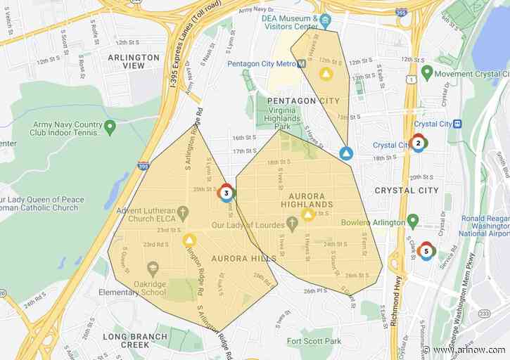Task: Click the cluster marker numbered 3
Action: pos(226,192)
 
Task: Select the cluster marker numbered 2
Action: pos(418,143)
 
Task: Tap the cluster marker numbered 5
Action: pos(426,250)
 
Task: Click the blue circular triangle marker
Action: pos(346,153)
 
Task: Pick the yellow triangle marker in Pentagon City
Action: pos(325,73)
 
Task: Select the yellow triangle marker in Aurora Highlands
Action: pos(307,214)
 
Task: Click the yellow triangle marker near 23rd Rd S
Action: pos(189,240)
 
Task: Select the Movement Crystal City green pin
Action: pos(426,72)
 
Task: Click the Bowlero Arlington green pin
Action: pos(413,222)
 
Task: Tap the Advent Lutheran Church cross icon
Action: pos(182,212)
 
